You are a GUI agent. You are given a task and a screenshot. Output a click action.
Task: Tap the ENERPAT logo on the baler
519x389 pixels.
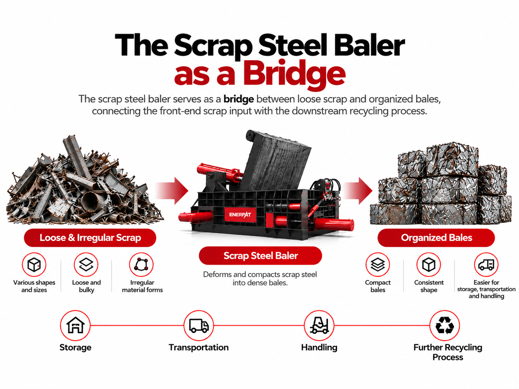coord(240,215)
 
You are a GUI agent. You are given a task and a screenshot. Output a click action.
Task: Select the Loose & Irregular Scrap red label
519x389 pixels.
coord(90,237)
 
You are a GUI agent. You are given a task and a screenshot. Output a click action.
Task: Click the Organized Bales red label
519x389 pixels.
coord(436,237)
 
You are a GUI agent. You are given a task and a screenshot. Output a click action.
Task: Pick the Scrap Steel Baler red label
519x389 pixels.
coord(260,255)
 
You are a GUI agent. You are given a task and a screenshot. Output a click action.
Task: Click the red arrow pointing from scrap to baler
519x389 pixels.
coord(172,191)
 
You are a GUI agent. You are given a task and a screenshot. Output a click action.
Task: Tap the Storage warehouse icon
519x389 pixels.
coord(75,325)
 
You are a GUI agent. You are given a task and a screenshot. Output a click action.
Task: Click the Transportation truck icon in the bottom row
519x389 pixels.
coord(199,325)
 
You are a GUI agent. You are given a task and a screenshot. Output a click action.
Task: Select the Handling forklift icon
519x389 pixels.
coord(319,325)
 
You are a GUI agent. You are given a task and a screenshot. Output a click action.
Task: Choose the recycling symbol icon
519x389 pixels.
coord(445,325)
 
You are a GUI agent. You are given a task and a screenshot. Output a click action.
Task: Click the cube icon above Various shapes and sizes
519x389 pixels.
coord(34,265)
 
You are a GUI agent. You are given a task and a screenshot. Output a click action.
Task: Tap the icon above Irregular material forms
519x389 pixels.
coord(141,265)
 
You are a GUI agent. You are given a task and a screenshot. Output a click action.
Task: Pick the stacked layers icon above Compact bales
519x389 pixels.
coord(378,265)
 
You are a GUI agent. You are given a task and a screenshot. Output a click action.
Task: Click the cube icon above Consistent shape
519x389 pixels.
coord(429,265)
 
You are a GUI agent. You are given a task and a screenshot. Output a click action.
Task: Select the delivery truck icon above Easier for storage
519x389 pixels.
coord(486,265)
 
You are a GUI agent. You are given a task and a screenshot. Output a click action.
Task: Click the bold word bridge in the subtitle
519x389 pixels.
coord(239,99)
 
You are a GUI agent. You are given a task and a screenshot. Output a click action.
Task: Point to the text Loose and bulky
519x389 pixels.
coord(86,286)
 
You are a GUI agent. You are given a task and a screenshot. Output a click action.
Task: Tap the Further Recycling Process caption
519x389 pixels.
coord(448,352)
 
